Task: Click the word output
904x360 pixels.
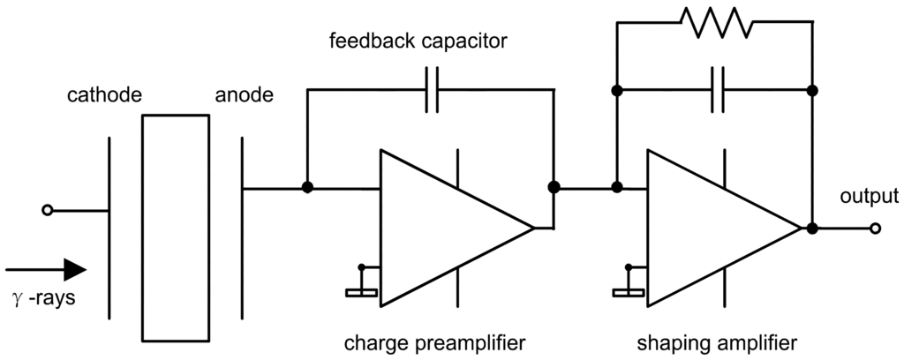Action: [869, 196]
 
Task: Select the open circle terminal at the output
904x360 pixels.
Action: [874, 229]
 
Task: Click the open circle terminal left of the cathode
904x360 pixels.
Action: [48, 210]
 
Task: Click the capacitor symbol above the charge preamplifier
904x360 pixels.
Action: [432, 90]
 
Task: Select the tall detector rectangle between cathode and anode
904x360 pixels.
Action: [176, 228]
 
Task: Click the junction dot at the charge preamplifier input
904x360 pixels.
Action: [307, 188]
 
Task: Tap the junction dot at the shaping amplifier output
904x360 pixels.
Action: [811, 229]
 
